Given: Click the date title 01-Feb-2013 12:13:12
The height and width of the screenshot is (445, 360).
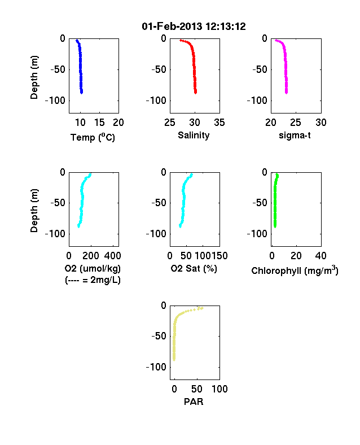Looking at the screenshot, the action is [x=194, y=27].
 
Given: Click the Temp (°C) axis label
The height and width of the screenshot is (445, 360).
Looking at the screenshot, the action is [x=93, y=137].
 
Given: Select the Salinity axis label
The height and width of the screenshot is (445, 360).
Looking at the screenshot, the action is [x=194, y=136].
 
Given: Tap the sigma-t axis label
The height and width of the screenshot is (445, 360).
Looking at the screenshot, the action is [x=295, y=136].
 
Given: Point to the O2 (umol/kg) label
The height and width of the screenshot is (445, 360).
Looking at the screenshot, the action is [x=93, y=268].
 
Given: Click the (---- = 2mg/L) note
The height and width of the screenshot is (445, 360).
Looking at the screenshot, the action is [x=93, y=280].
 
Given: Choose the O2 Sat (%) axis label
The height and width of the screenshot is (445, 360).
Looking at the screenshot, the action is [x=194, y=268].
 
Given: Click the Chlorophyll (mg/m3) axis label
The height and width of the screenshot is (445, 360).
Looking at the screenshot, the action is [x=295, y=271].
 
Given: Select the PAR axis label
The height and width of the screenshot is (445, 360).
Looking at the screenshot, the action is [x=194, y=402].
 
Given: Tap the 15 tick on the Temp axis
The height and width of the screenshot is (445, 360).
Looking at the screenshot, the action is [x=99, y=123].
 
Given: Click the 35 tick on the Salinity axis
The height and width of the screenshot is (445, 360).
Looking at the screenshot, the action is [x=219, y=123].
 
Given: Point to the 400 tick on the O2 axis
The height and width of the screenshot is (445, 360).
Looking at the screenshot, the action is [x=112, y=256].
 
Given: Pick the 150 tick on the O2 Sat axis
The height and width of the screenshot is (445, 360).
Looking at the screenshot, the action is [x=219, y=256].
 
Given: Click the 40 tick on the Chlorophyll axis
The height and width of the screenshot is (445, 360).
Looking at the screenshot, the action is [x=321, y=256].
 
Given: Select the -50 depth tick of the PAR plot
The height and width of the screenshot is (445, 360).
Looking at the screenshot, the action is [x=159, y=337].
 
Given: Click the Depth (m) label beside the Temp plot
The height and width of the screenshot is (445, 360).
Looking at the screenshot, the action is [x=34, y=77].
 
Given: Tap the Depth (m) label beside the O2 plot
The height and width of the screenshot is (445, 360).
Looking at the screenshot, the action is [x=34, y=211].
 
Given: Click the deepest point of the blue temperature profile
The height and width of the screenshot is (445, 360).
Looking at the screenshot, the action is [x=81, y=92].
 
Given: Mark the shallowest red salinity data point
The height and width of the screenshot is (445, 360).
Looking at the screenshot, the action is [x=181, y=41].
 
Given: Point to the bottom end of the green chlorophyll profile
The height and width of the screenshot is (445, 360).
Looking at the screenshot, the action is [x=275, y=226].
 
